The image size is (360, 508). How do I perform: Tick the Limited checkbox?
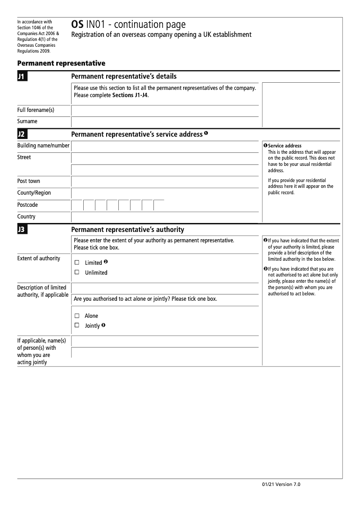77,263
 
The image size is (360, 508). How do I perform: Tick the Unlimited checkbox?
77,272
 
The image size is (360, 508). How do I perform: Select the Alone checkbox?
77,316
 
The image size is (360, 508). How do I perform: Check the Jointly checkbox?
77,325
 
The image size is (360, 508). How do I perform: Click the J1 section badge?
22,77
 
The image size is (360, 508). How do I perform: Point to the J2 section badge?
22,134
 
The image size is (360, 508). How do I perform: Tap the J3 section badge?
22,230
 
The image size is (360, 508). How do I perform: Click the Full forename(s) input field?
165,111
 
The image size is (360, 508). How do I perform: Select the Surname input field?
165,122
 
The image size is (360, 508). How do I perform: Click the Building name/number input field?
165,146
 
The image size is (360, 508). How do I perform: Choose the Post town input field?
165,182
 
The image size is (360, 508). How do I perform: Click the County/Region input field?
165,193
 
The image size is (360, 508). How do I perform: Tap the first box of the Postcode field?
77,205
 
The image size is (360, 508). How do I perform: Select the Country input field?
165,217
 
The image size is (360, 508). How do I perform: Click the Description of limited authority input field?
165,288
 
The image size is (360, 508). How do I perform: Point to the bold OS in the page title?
77,25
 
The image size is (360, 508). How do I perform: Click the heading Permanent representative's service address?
137,134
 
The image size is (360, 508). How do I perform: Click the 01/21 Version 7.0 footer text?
280,484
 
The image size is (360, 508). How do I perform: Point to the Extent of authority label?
39,258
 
